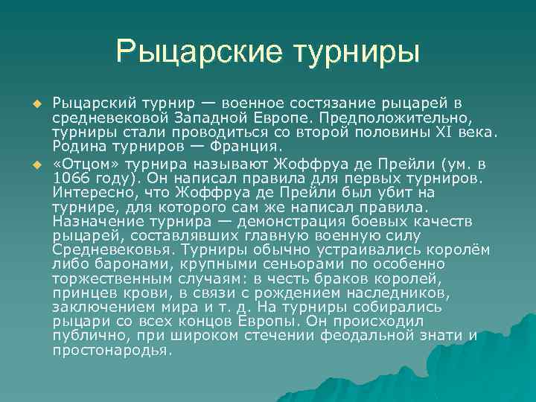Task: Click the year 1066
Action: coord(73,179)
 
